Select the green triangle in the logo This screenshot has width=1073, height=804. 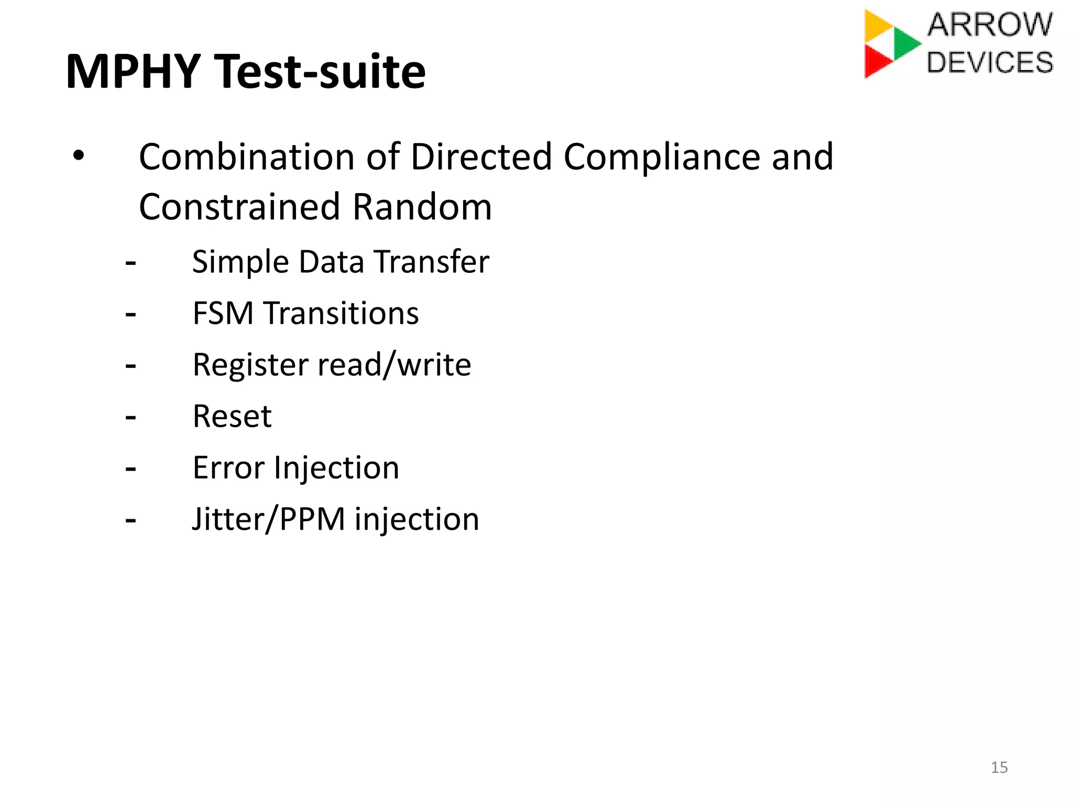click(x=905, y=43)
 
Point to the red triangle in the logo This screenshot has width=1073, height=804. click(x=876, y=61)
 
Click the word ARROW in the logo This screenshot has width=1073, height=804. click(x=990, y=25)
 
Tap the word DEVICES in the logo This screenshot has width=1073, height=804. click(x=990, y=62)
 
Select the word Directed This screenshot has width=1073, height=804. click(x=481, y=157)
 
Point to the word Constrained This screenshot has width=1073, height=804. click(x=239, y=207)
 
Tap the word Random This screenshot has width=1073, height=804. click(x=422, y=207)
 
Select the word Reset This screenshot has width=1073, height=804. click(x=232, y=416)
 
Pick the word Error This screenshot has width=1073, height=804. click(x=228, y=467)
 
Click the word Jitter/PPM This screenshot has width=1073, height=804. click(x=268, y=519)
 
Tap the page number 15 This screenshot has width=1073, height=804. click(x=999, y=767)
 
